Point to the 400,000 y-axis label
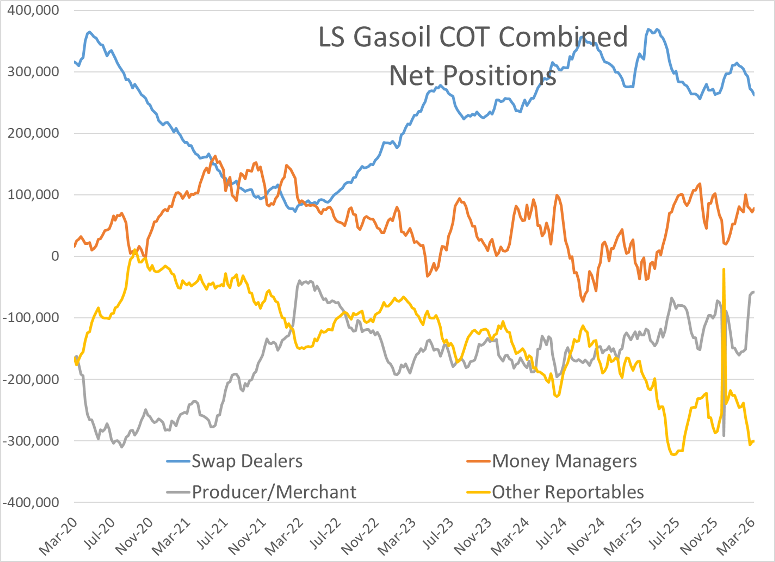click(33, 10)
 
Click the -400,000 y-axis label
click(31, 502)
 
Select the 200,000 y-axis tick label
click(33, 133)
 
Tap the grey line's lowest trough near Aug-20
click(122, 447)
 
